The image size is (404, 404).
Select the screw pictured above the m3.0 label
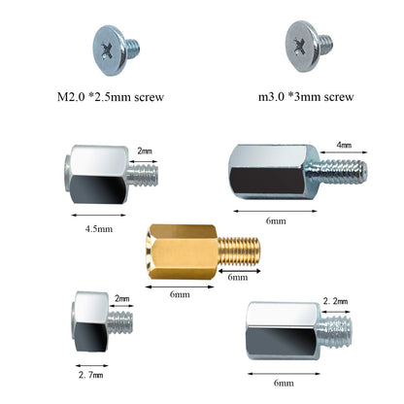(308, 44)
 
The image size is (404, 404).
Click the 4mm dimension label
(346, 146)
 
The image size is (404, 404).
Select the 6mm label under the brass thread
(238, 277)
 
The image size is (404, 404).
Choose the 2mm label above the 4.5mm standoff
(145, 151)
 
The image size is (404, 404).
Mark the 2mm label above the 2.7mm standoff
(122, 298)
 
